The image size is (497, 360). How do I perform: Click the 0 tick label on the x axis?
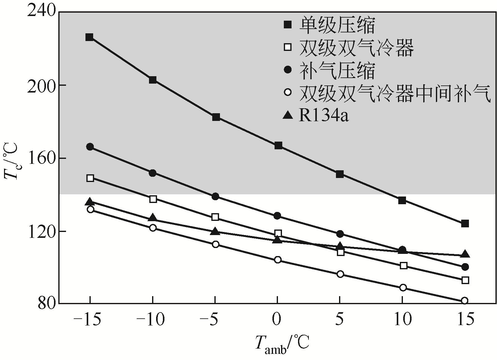click(x=277, y=320)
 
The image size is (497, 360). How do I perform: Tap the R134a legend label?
click(x=324, y=116)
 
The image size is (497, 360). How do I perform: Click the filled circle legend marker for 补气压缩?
click(x=288, y=70)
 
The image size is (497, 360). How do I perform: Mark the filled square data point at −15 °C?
click(x=89, y=37)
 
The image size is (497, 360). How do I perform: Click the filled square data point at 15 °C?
click(x=465, y=224)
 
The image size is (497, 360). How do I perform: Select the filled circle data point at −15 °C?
click(x=90, y=147)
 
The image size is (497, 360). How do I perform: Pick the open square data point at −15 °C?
click(x=90, y=178)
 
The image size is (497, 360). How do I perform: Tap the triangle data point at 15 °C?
click(x=465, y=254)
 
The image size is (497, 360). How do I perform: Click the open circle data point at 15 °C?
click(x=465, y=301)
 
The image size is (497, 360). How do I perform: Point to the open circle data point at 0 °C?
click(x=278, y=260)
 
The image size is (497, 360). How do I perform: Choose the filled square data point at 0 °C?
click(x=278, y=146)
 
